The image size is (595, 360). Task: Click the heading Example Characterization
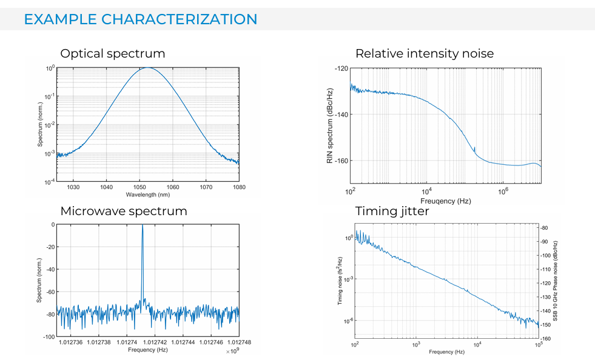[141, 19]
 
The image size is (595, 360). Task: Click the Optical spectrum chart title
[113, 53]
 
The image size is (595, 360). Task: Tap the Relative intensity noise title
[425, 53]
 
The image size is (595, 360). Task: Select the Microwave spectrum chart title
[124, 211]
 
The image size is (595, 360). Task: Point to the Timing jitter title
[392, 211]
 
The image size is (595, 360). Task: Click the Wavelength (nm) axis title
[148, 195]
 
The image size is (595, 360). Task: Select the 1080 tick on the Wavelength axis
[239, 187]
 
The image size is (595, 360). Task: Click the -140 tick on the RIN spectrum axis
[340, 115]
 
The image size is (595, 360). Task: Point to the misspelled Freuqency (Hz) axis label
[445, 201]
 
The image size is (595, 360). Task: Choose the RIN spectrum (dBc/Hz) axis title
[329, 126]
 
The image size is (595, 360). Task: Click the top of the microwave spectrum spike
[143, 225]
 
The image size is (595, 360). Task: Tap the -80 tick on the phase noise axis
[545, 228]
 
